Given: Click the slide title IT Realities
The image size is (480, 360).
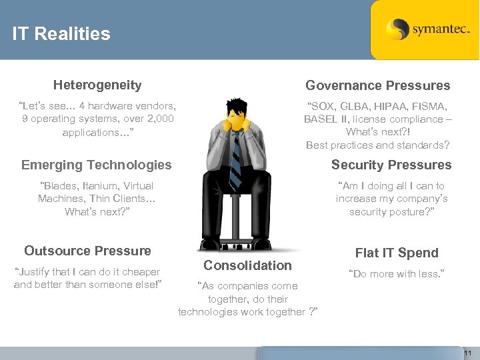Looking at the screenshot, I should [x=61, y=34].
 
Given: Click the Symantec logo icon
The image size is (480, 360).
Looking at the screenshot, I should [x=397, y=29].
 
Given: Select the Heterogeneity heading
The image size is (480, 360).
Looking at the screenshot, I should [x=97, y=85].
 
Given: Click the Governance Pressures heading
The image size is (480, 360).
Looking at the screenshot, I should [x=377, y=85].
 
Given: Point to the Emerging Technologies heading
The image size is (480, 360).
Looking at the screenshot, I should [x=96, y=165].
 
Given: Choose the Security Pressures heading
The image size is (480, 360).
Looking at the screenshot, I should [x=391, y=165].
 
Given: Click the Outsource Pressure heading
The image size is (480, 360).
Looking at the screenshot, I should [x=87, y=251].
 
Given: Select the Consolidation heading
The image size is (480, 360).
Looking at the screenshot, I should [x=247, y=265].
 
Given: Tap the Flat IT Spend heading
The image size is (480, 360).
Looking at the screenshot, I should [x=397, y=253].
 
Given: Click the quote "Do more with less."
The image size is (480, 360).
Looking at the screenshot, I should [x=396, y=273].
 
